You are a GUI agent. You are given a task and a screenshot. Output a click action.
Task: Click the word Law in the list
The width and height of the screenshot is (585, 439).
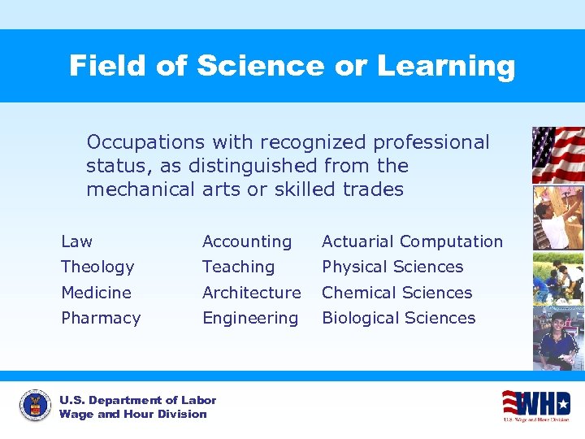pyautogui.click(x=76, y=241)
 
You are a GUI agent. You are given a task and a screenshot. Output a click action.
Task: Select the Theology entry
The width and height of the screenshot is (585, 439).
pyautogui.click(x=97, y=267)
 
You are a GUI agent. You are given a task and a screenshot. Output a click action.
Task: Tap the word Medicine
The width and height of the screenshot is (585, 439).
pyautogui.click(x=96, y=293)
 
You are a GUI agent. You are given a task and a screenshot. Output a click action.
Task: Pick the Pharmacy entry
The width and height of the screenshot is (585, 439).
pyautogui.click(x=101, y=318)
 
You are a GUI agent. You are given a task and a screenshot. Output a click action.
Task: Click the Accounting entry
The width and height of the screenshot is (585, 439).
pyautogui.click(x=246, y=241)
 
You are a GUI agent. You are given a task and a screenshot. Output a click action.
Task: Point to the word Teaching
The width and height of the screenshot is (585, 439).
pyautogui.click(x=238, y=267)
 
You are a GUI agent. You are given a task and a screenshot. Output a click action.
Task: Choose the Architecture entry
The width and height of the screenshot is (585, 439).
pyautogui.click(x=251, y=293)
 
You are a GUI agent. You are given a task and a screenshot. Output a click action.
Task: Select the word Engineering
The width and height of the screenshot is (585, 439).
pyautogui.click(x=249, y=318)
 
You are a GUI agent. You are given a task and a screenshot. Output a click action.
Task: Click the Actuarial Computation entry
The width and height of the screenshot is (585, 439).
pyautogui.click(x=412, y=241)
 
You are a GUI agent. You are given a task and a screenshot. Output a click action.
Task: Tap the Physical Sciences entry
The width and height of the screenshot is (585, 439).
pyautogui.click(x=392, y=267)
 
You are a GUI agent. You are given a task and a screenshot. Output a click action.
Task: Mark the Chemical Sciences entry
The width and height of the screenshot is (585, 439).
pyautogui.click(x=396, y=293)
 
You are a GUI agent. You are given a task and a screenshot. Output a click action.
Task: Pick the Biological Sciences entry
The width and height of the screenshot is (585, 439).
pyautogui.click(x=398, y=318)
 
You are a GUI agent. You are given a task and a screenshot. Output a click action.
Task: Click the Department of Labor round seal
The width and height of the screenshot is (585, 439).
pyautogui.click(x=35, y=406)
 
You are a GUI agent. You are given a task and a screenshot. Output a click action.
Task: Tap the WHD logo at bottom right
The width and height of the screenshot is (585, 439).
pyautogui.click(x=536, y=404)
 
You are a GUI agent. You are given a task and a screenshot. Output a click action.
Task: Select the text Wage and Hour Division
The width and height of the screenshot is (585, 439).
pyautogui.click(x=132, y=414)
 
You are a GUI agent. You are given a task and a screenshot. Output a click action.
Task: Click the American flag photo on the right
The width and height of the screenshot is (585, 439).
pyautogui.click(x=557, y=154)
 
